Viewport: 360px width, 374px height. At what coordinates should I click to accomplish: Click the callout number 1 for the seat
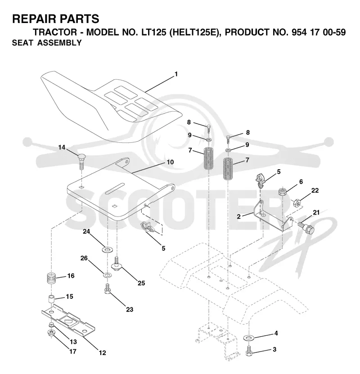pos(176,74)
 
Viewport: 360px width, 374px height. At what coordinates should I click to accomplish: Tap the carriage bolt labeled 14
pos(81,162)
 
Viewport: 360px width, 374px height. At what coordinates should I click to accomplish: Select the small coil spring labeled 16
pos(51,278)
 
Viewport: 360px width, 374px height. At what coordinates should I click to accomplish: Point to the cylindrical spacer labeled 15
pos(51,299)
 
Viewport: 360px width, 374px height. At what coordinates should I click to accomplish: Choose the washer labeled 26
pos(107,275)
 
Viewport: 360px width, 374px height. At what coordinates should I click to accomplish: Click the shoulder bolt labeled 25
pos(117,264)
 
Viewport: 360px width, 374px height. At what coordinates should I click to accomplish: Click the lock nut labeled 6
pos(283,192)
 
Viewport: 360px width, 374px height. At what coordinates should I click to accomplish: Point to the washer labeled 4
pos(249,338)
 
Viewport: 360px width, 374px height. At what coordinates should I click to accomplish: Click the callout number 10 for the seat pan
pos(170,162)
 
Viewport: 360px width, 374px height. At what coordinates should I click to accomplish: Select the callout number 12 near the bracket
pos(103,352)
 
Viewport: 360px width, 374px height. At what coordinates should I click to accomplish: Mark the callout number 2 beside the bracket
pos(238,216)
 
